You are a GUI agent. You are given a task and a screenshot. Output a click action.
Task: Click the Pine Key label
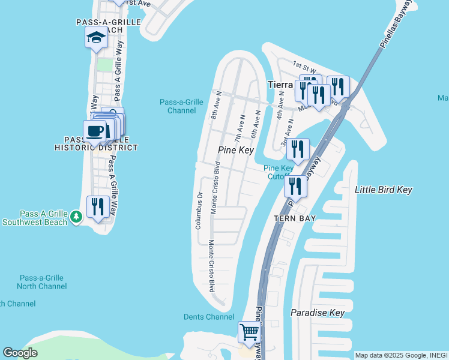pyautogui.click(x=236, y=150)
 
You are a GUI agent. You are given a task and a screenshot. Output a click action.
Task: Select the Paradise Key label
pyautogui.click(x=318, y=313)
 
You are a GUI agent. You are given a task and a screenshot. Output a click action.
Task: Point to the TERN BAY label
pyautogui.click(x=295, y=220)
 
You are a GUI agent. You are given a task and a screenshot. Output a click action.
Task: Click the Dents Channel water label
pyautogui.click(x=208, y=316)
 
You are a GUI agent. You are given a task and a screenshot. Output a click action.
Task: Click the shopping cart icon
pyautogui.click(x=249, y=332)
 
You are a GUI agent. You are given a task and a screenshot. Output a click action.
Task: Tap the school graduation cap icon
pyautogui.click(x=95, y=39)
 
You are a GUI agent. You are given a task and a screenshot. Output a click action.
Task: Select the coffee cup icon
pyautogui.click(x=95, y=130)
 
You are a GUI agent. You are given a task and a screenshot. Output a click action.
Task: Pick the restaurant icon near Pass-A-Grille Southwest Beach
pyautogui.click(x=98, y=206)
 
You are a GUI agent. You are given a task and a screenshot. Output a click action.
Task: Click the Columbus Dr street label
pyautogui.click(x=197, y=210)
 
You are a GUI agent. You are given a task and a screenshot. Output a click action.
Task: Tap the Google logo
pyautogui.click(x=20, y=353)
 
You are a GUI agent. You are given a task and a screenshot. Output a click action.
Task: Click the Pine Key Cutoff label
pyautogui.click(x=278, y=173)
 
